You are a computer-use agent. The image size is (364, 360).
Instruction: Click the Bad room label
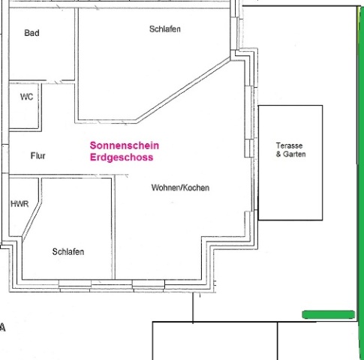click(32, 33)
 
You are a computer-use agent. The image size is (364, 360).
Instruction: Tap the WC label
click(26, 97)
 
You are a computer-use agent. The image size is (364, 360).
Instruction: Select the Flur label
click(38, 156)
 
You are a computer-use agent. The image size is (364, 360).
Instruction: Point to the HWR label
click(20, 204)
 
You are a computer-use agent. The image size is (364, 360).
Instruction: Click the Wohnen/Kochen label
click(180, 187)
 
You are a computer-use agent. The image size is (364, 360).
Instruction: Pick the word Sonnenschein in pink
click(125, 145)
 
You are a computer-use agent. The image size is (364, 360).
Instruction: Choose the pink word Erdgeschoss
click(122, 157)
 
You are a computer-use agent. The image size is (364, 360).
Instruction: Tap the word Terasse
click(289, 145)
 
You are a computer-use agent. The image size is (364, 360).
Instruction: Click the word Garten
click(294, 154)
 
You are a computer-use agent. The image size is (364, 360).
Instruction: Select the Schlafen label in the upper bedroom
click(165, 29)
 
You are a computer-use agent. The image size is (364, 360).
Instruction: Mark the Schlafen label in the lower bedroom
click(68, 252)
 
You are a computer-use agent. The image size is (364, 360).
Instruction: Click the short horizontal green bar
click(329, 315)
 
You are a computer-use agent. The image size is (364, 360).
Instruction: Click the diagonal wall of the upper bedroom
click(184, 89)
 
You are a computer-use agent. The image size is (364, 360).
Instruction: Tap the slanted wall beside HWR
click(32, 220)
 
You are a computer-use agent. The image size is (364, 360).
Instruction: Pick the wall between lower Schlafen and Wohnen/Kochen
click(113, 227)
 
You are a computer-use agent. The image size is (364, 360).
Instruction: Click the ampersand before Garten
click(278, 154)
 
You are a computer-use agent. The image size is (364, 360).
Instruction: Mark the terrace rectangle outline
click(290, 106)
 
